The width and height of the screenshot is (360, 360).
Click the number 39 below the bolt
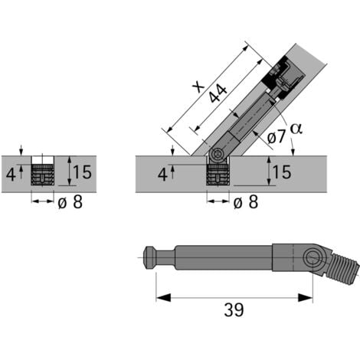click(234, 309)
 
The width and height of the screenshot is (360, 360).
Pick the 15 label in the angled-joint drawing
click(282, 172)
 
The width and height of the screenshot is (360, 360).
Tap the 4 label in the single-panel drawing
click(11, 172)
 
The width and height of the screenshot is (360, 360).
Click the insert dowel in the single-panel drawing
click(44, 173)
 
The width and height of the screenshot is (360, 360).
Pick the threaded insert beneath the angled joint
click(218, 175)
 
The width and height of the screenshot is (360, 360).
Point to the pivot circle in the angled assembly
click(218, 155)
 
